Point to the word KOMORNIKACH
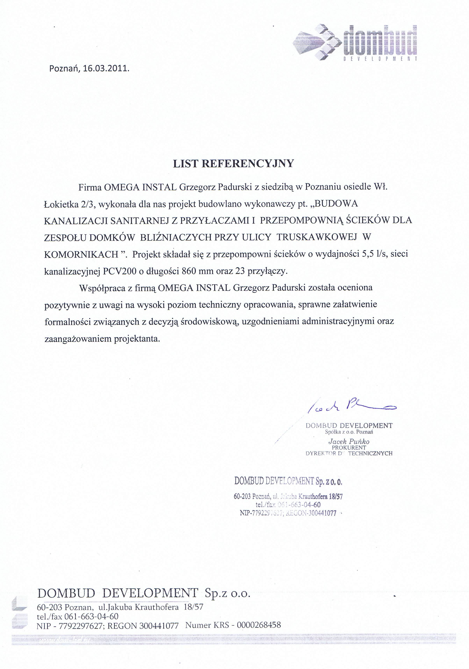click(x=81, y=254)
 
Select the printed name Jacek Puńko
click(x=349, y=441)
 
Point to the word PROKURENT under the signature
click(x=349, y=447)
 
